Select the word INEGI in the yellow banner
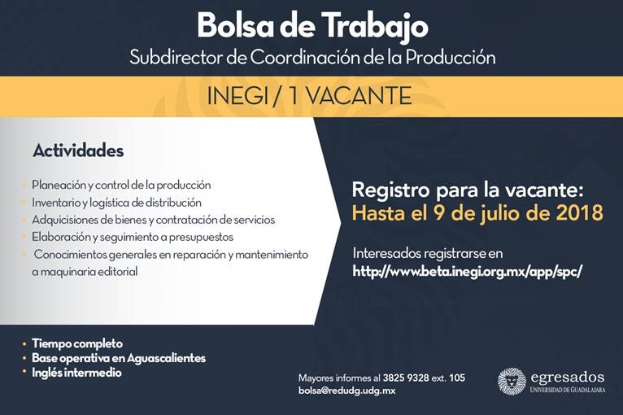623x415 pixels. (237, 96)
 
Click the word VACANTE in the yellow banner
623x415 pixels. (359, 96)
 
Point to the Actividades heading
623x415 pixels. (78, 151)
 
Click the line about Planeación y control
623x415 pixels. (121, 186)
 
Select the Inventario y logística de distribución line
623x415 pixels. (116, 203)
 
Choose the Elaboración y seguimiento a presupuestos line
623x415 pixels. (133, 237)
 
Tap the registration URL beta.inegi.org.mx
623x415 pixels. (467, 271)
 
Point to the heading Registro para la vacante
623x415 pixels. (468, 190)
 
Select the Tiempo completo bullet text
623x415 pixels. (77, 343)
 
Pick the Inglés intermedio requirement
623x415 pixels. (76, 373)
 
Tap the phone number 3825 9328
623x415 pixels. (406, 378)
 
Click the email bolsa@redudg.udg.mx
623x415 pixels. (346, 391)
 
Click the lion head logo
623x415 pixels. (512, 381)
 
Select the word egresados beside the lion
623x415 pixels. (568, 378)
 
